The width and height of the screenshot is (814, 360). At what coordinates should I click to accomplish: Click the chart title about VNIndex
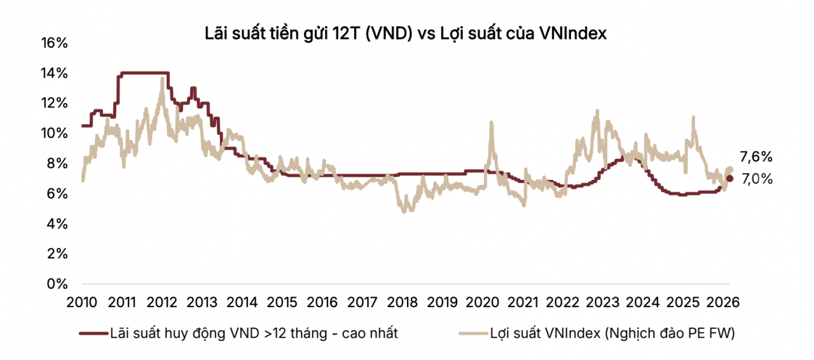[x=406, y=34]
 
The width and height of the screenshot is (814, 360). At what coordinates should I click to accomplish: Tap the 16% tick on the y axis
[x=54, y=43]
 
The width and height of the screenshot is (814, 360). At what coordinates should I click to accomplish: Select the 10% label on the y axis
[x=54, y=134]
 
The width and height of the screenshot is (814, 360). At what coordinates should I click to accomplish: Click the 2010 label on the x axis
[x=82, y=301]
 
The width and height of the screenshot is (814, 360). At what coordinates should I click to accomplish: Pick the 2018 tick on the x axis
[x=403, y=301]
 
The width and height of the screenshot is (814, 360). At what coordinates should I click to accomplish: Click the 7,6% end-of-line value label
[x=756, y=157]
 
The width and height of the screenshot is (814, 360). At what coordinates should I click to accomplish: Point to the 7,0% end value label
[x=756, y=179]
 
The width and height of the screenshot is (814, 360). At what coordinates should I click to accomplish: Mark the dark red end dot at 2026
[x=729, y=179]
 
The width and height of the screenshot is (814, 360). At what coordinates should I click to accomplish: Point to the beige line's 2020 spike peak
[x=491, y=123]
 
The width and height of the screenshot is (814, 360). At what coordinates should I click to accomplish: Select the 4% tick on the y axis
[x=56, y=224]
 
